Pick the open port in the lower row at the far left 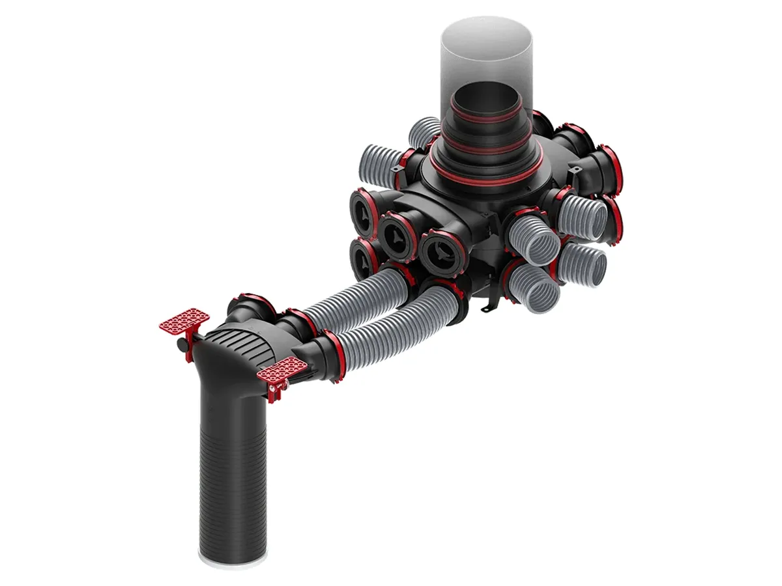pos(362,255)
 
